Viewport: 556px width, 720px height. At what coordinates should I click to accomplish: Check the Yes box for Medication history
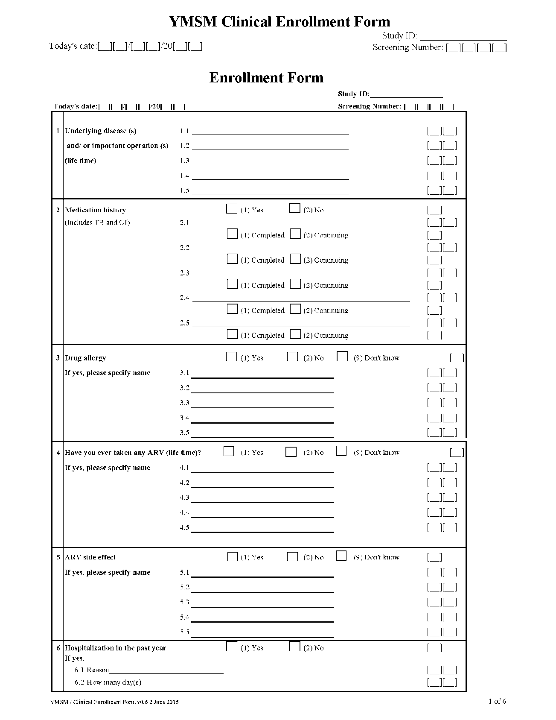232,209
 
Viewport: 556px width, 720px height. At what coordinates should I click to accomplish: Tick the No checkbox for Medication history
294,208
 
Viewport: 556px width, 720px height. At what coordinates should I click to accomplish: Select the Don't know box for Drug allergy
342,357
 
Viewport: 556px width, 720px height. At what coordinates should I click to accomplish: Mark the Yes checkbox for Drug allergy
231,357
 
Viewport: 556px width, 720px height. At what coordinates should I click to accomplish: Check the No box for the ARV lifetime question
291,452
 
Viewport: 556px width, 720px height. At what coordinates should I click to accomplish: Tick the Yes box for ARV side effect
233,556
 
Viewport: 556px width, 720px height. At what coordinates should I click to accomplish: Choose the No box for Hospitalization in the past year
294,647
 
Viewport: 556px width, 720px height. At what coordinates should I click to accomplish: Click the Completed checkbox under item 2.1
232,234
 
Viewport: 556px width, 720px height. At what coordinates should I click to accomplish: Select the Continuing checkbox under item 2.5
295,334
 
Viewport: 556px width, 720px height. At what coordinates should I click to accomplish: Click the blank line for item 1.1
270,131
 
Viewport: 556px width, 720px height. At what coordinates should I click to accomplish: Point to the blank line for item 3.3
262,403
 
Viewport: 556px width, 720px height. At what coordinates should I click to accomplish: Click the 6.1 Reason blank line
166,670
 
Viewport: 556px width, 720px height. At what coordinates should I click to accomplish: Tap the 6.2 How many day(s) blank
179,682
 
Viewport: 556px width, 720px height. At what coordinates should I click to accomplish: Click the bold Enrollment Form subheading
266,78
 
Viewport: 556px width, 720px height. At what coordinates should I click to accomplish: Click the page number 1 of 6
497,701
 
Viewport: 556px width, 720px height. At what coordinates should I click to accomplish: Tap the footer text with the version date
114,702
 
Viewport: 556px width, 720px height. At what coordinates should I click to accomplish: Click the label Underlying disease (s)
101,131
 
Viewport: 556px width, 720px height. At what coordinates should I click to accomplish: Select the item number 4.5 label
184,527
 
